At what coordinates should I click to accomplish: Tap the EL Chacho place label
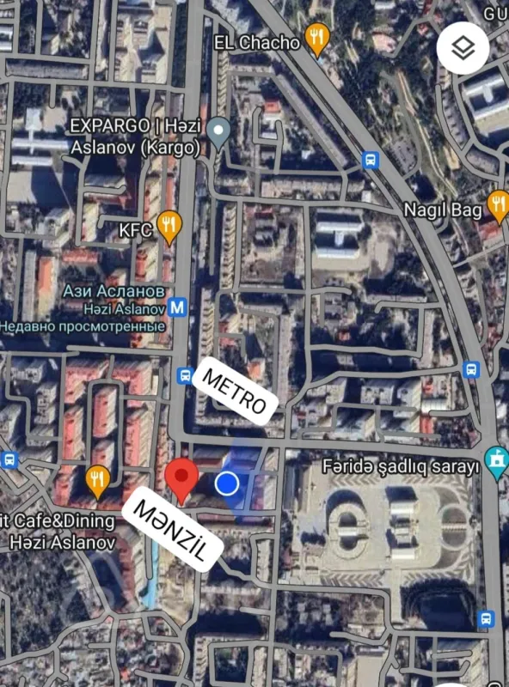[x=256, y=41]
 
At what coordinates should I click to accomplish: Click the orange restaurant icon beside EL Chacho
[x=317, y=38]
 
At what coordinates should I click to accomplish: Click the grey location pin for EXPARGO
[x=219, y=132]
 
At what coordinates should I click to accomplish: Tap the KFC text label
[x=135, y=229]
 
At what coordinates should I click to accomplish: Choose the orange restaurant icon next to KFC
[x=170, y=226]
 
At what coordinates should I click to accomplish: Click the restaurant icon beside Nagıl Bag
[x=498, y=204]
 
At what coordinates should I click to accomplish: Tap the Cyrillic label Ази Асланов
[x=113, y=290]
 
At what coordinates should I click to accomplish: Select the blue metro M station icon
[x=179, y=307]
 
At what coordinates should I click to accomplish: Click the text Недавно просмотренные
[x=83, y=326]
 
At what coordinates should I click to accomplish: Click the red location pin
[x=181, y=477]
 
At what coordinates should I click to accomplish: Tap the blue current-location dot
[x=227, y=483]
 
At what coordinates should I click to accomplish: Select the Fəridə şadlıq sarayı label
[x=399, y=468]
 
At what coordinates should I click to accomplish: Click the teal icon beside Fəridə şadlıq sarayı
[x=495, y=463]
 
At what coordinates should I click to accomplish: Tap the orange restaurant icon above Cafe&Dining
[x=97, y=481]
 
